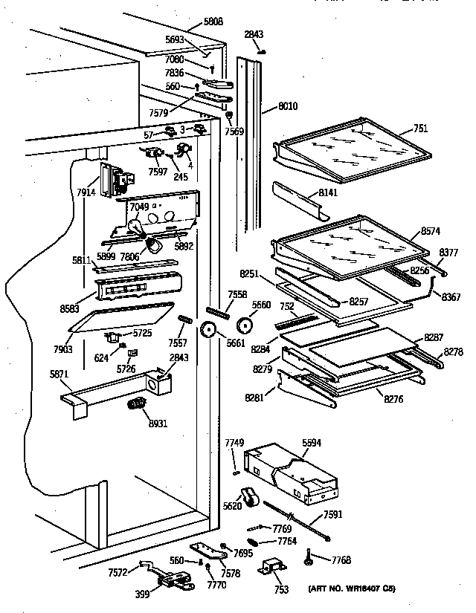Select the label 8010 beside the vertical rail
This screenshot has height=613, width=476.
(286, 107)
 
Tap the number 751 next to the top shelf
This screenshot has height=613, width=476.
(420, 129)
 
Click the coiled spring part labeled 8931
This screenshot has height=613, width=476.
(135, 406)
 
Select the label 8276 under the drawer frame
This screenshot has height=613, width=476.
(393, 400)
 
